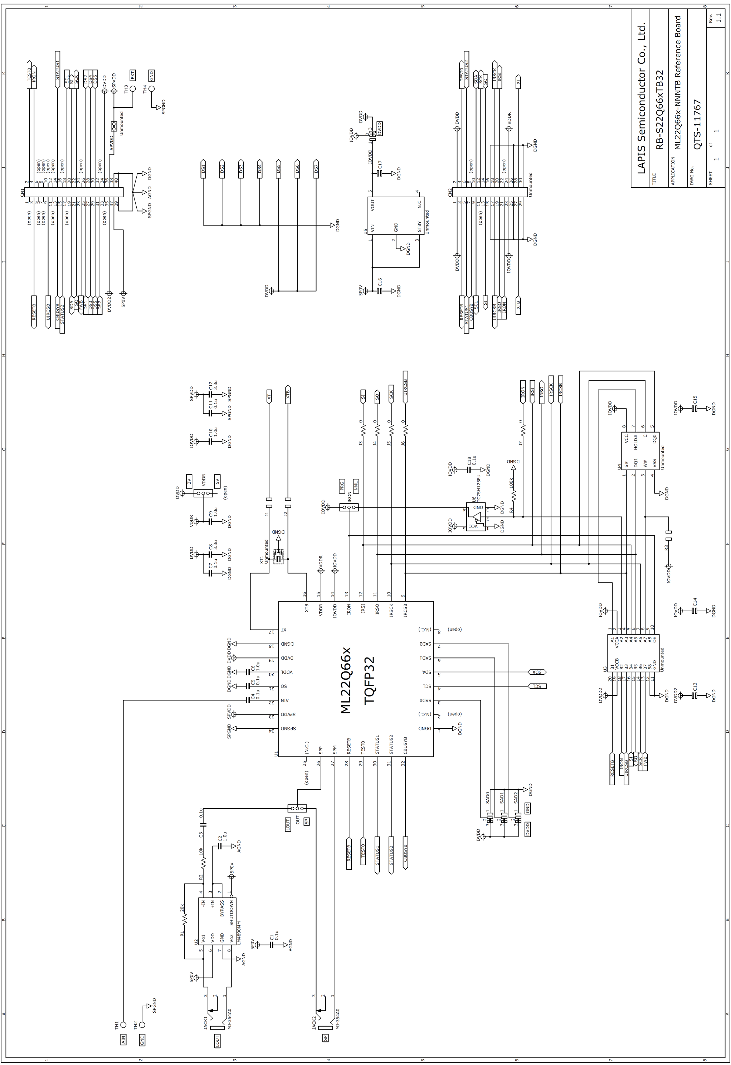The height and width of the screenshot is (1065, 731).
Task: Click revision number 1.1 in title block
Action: click(718, 18)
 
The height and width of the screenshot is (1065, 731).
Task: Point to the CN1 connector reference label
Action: click(22, 193)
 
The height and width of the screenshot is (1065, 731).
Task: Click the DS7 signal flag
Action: click(316, 169)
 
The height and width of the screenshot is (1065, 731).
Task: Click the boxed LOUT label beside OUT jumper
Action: click(288, 825)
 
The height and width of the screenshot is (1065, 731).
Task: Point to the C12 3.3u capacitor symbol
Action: click(210, 394)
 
